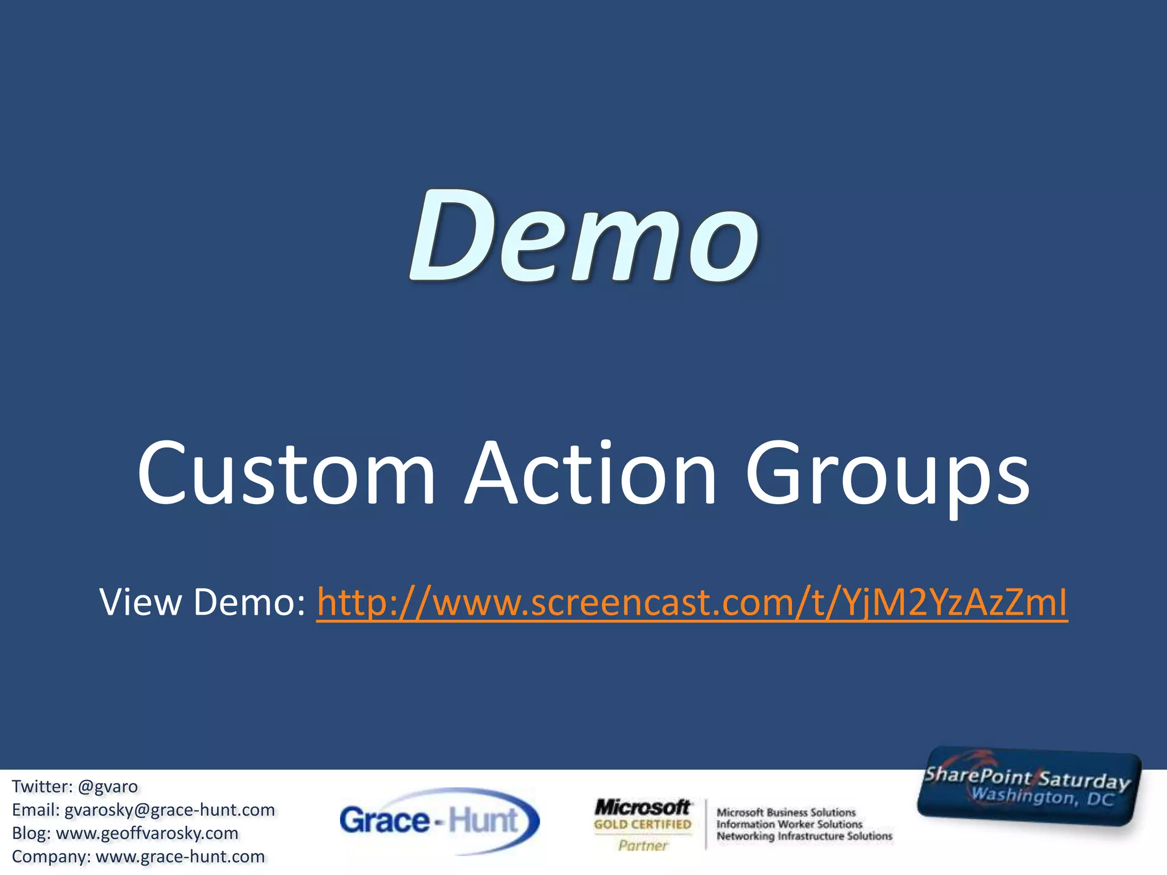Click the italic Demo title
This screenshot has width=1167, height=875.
click(583, 237)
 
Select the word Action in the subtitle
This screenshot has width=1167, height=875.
click(590, 473)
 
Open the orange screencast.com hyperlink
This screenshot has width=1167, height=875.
click(692, 603)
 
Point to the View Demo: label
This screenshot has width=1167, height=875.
click(202, 603)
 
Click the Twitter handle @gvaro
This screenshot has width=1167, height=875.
click(108, 787)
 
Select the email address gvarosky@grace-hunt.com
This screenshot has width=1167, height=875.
click(169, 810)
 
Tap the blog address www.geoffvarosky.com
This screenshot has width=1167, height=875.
click(147, 833)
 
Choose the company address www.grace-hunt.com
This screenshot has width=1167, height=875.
click(180, 857)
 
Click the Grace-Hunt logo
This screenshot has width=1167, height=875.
click(439, 821)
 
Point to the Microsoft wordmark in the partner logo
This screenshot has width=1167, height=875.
click(642, 807)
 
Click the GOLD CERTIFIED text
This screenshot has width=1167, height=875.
click(642, 824)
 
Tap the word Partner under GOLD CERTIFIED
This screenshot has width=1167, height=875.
click(642, 846)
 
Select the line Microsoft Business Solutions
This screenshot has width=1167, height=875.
click(786, 812)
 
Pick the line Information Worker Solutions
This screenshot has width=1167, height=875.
click(789, 824)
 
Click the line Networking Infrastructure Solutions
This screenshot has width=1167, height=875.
click(804, 836)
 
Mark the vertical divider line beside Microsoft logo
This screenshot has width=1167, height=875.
click(705, 824)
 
